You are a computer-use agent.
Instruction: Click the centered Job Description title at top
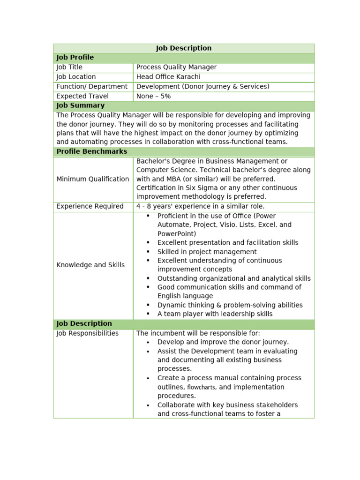[183, 48]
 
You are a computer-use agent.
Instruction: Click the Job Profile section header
[75, 58]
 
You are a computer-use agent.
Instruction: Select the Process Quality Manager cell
[176, 67]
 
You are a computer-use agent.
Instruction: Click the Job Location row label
[76, 77]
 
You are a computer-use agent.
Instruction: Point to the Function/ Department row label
[92, 87]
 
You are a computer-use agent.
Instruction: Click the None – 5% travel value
[153, 97]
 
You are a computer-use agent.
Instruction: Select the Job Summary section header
[80, 106]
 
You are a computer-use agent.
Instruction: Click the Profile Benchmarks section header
[91, 152]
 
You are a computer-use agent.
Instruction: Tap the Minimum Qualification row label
[93, 179]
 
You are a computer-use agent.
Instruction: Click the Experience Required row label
[90, 207]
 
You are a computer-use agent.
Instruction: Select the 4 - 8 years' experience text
[200, 207]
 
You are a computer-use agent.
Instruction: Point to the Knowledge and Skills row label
[90, 265]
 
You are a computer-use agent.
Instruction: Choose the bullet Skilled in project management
[207, 252]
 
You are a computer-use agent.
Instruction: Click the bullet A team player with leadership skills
[215, 315]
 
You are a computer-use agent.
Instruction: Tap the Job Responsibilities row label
[88, 334]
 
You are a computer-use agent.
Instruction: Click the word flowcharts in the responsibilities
[201, 388]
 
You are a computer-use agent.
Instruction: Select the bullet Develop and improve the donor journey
[223, 343]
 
